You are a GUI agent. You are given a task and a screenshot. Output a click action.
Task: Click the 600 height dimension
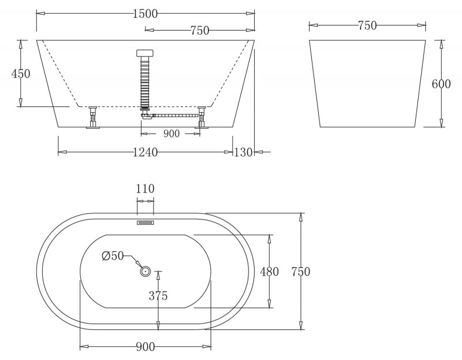(441, 84)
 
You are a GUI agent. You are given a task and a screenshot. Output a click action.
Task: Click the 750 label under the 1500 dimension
(199, 30)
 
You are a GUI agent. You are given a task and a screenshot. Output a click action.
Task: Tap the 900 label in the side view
(172, 133)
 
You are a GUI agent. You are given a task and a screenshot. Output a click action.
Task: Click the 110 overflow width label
(146, 188)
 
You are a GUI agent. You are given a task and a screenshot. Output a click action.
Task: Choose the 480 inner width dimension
(270, 272)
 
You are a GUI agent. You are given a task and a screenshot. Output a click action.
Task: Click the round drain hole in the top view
(145, 270)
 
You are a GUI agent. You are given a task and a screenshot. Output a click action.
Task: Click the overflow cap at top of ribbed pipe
(145, 53)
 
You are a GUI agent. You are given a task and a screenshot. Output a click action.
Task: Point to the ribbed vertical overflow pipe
(145, 81)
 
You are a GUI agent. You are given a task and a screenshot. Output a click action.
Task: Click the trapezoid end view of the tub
(367, 84)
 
